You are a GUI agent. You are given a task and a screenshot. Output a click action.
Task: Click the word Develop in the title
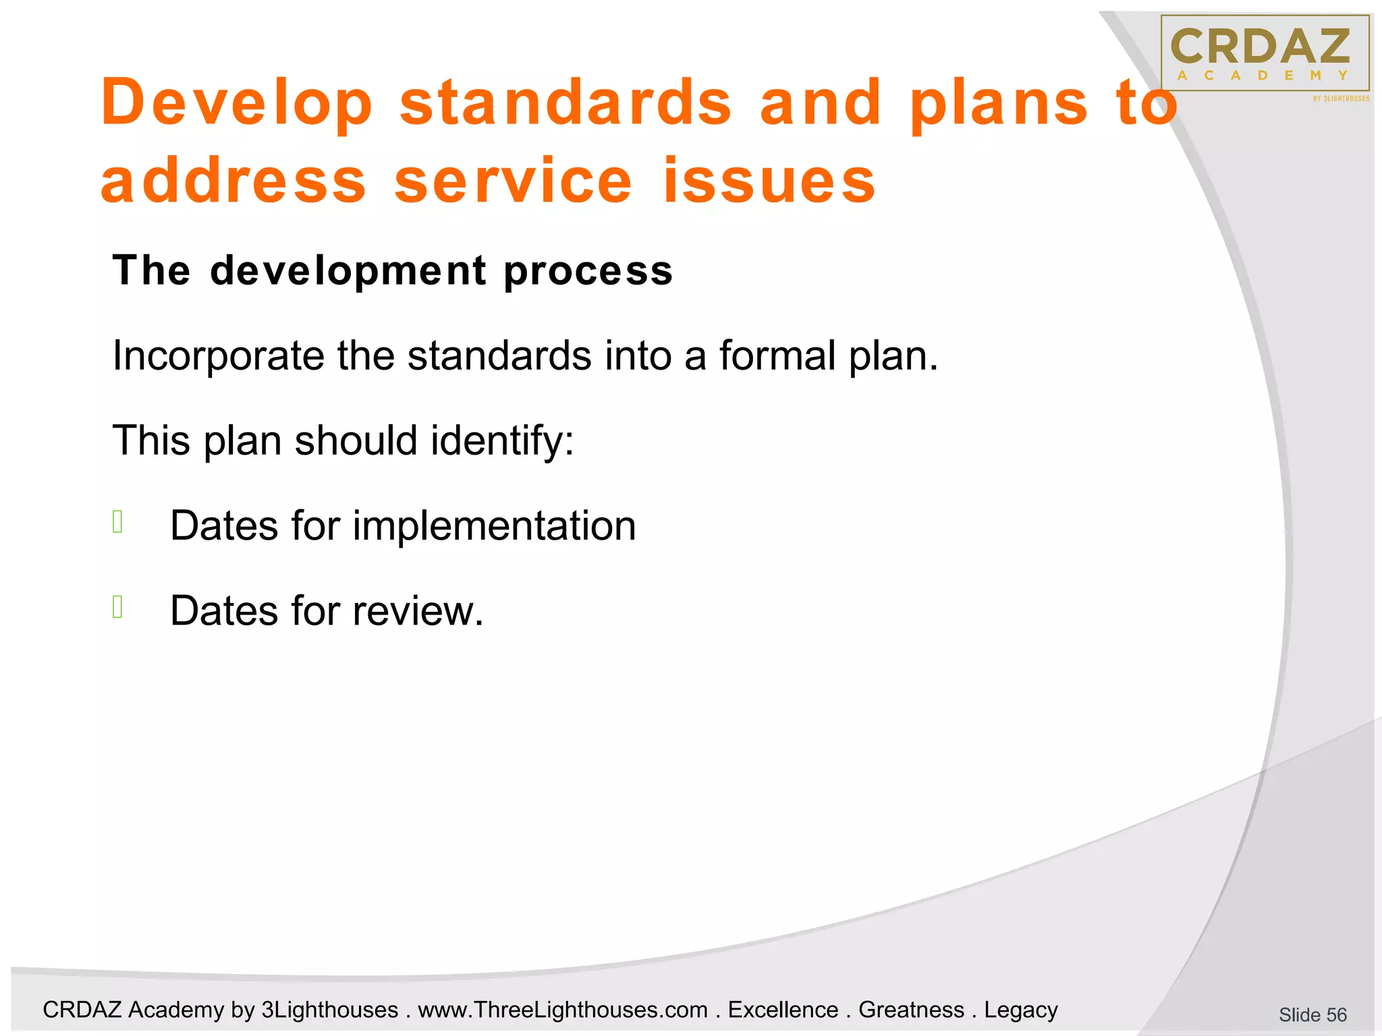236,103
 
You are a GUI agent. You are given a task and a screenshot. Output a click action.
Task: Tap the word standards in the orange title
565,103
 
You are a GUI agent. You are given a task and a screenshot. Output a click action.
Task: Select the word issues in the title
769,181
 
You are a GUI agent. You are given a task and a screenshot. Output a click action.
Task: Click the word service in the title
513,181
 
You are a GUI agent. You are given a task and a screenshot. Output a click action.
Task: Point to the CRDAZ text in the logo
1261,46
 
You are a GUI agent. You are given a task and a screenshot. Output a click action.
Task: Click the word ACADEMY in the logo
1262,76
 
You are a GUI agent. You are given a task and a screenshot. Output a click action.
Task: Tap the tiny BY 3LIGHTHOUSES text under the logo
1341,98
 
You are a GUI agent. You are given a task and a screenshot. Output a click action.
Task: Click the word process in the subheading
588,271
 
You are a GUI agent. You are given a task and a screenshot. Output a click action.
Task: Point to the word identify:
502,441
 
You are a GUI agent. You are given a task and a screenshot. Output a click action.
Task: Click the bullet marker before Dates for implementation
118,522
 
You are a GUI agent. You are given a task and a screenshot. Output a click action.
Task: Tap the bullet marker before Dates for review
118,607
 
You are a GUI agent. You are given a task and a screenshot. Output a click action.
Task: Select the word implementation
494,526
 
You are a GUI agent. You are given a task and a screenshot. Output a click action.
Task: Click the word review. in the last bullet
418,611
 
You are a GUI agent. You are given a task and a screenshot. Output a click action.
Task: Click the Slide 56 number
1312,1014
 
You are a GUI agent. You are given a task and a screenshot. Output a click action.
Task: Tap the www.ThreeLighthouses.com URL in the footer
563,1010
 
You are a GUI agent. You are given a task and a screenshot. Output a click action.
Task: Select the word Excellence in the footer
783,1010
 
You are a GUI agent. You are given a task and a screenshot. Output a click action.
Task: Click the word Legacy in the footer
1020,1010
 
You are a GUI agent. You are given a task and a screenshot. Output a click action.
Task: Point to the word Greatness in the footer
911,1010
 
